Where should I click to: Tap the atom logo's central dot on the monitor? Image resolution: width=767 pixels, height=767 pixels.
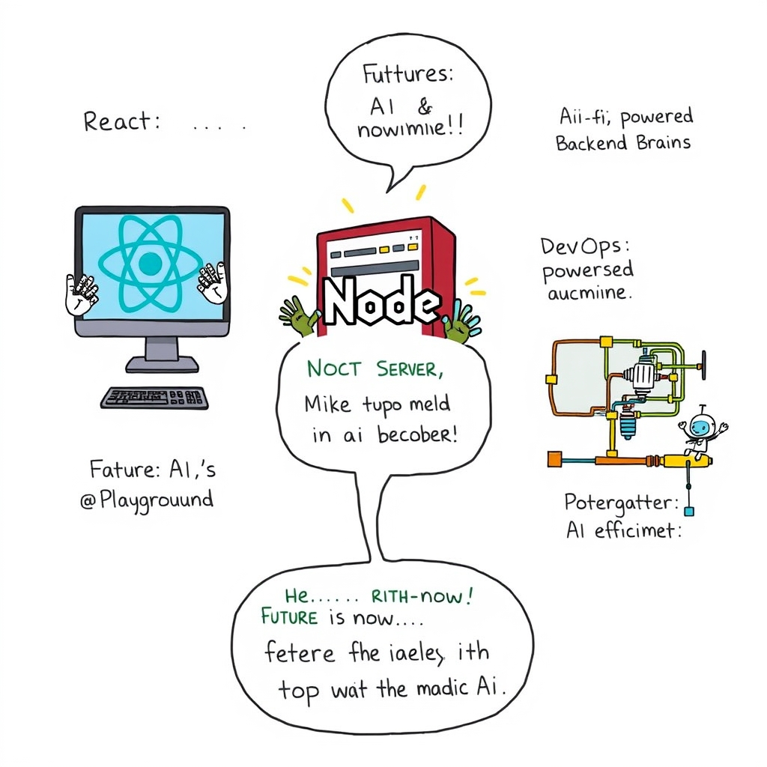click(150, 263)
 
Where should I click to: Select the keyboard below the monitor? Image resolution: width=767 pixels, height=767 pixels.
click(154, 397)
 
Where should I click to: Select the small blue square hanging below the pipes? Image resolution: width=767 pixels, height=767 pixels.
click(689, 511)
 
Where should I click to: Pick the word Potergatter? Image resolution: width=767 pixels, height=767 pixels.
click(621, 502)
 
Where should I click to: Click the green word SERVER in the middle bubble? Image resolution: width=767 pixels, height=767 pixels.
click(410, 370)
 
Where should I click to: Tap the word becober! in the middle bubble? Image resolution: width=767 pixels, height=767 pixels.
click(419, 436)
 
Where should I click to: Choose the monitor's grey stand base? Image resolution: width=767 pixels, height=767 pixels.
click(162, 365)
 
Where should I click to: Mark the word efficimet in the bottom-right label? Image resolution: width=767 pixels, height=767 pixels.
click(638, 530)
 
